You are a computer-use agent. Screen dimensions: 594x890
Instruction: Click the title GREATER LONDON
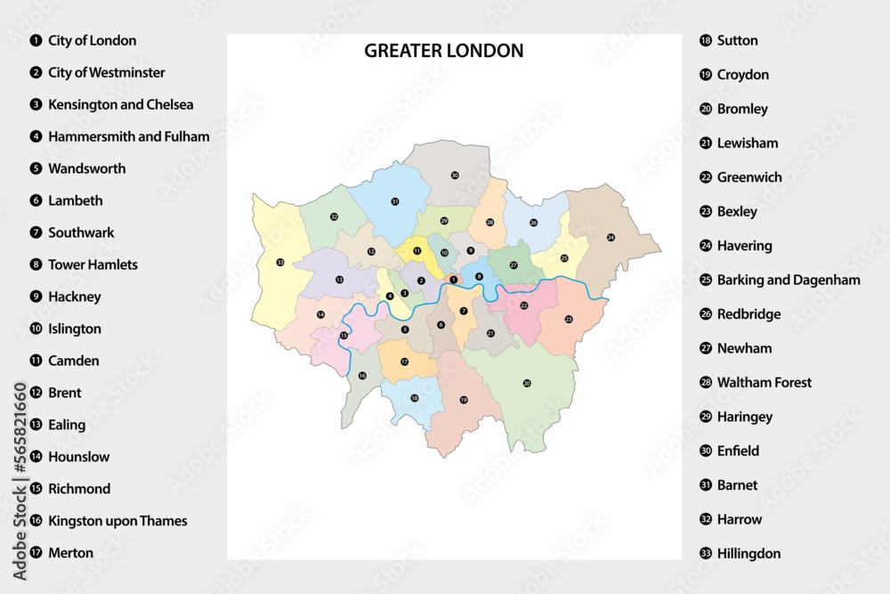(x=443, y=51)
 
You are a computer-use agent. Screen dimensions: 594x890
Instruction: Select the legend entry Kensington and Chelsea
(x=120, y=104)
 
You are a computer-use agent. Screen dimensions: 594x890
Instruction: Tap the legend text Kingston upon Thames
(x=117, y=521)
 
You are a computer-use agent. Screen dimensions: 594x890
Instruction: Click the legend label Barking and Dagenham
(x=788, y=280)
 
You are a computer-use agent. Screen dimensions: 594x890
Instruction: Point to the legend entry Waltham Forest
(x=764, y=382)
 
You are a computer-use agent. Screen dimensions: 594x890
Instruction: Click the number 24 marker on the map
(x=611, y=238)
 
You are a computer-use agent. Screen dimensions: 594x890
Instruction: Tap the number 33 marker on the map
(x=280, y=262)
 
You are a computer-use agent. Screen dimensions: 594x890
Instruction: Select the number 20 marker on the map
(x=527, y=383)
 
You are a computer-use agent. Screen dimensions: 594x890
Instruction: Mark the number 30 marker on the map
(x=454, y=176)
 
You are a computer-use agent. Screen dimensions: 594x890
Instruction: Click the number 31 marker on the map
(x=394, y=202)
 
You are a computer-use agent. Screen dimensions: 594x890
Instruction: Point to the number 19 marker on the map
(x=464, y=400)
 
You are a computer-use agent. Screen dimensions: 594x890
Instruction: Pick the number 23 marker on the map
(x=569, y=319)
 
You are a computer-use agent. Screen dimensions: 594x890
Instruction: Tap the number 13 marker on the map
(x=339, y=280)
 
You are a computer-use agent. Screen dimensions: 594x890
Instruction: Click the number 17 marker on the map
(x=404, y=362)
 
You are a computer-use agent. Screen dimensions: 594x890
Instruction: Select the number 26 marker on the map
(x=534, y=223)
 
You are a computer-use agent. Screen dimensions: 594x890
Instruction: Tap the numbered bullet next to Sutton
(x=705, y=40)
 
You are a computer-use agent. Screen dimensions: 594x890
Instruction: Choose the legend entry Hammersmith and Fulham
(x=128, y=136)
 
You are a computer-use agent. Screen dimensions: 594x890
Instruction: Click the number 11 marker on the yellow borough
(x=417, y=251)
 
